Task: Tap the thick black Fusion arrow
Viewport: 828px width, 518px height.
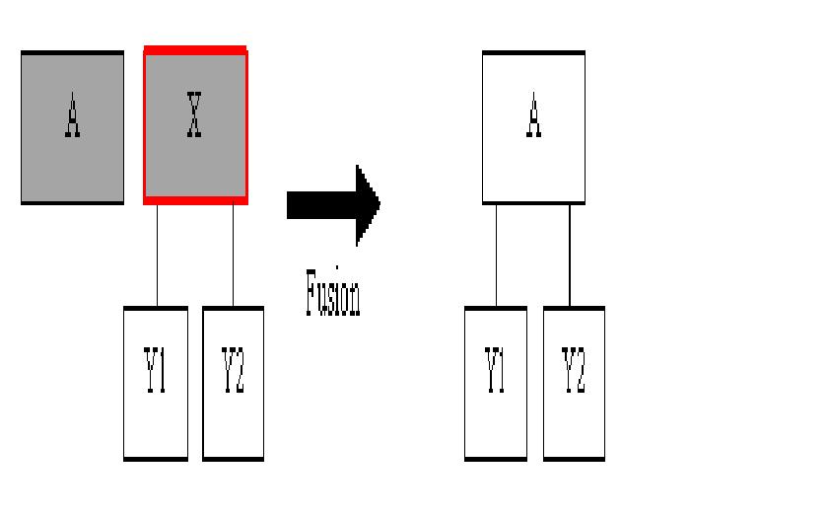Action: click(x=325, y=204)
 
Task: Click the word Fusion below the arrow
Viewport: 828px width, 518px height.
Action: click(x=332, y=293)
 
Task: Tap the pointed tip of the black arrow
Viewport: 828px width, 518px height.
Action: click(x=378, y=204)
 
